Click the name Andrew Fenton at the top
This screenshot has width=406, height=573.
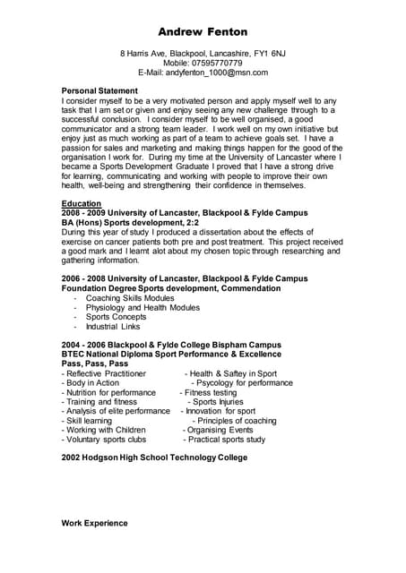coord(203,32)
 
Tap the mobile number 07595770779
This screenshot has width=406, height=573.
coord(218,64)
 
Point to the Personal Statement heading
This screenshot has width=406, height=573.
coord(99,91)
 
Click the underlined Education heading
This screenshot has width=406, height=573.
coord(81,204)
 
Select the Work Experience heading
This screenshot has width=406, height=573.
coord(94,523)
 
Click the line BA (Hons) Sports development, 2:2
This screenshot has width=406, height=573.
coord(130,222)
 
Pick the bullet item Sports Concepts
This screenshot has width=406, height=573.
coord(116,317)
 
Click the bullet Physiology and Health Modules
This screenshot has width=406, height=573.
coord(143,308)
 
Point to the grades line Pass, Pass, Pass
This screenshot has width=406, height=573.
coord(95,363)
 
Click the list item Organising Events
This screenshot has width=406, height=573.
coord(220,431)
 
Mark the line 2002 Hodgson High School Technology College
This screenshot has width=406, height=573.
coord(154,458)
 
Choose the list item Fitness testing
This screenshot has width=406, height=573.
coord(211,392)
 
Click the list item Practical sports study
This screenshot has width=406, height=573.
coord(227,440)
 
